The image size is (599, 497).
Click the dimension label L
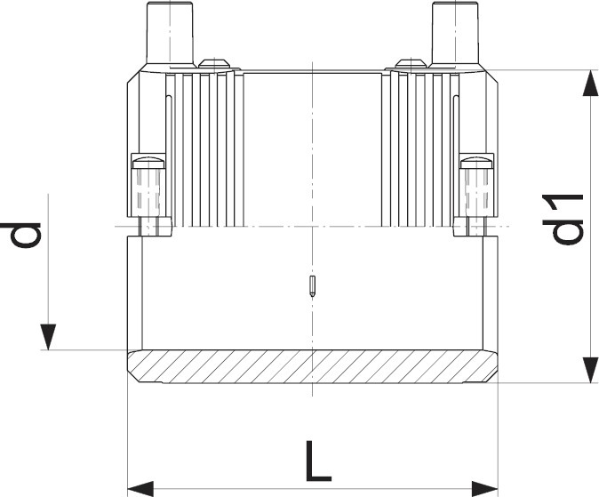318,461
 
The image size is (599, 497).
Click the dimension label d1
563,220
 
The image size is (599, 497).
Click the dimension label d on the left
20,235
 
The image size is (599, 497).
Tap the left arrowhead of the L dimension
140,489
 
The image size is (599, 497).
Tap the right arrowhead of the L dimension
484,489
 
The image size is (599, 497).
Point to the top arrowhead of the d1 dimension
590,83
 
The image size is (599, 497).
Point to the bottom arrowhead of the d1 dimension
590,369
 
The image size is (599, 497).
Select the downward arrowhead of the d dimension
48,337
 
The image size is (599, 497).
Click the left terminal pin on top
170,33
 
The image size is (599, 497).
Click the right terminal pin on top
455,33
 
